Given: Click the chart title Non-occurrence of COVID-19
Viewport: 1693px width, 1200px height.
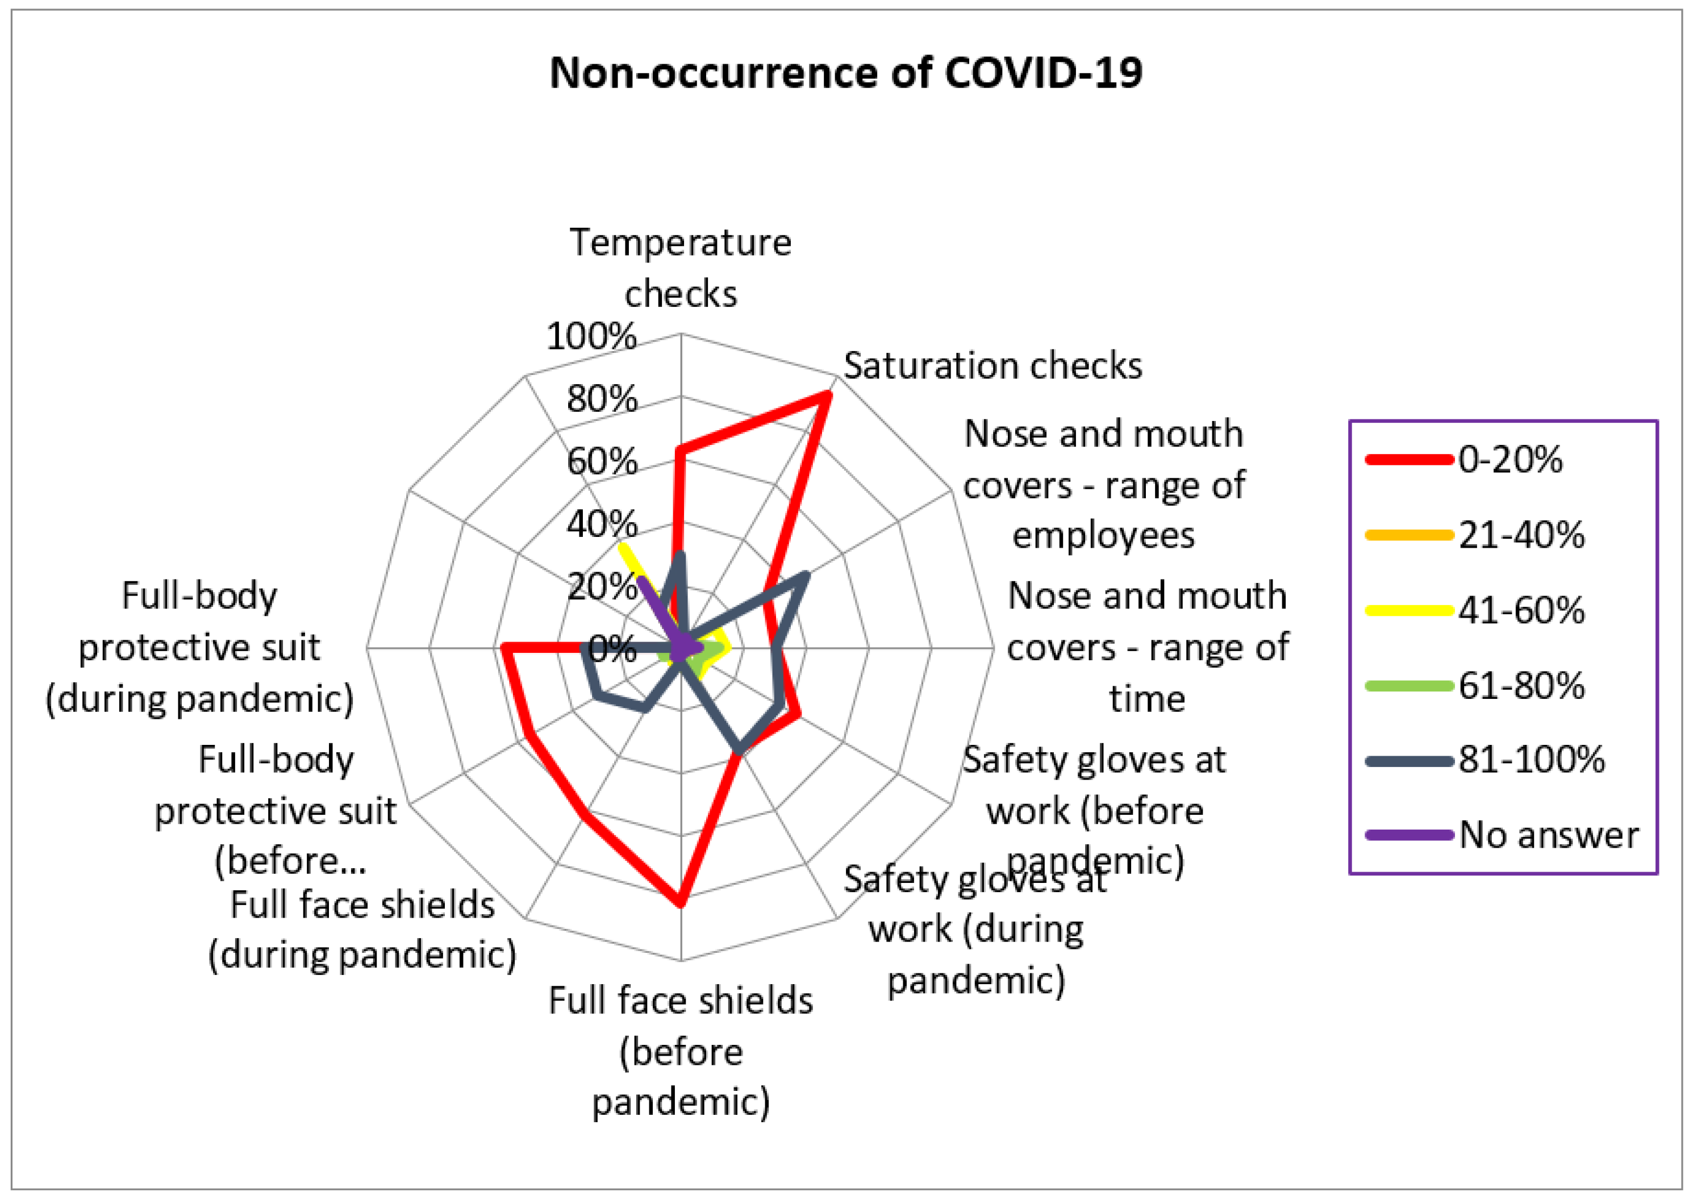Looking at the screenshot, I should pyautogui.click(x=846, y=73).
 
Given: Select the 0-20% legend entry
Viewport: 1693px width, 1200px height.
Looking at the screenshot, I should pyautogui.click(x=1510, y=460).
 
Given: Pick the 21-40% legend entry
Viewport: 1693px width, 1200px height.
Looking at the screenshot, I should pyautogui.click(x=1521, y=535).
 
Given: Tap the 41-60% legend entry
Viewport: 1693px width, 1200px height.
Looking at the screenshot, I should pyautogui.click(x=1521, y=610).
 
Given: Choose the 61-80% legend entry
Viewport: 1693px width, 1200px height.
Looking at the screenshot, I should pyautogui.click(x=1521, y=686).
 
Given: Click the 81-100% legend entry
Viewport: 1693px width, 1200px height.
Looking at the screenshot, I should pyautogui.click(x=1531, y=760).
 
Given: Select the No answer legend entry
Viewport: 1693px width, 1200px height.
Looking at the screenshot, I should pyautogui.click(x=1548, y=835).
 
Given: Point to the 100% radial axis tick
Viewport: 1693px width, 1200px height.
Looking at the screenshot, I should pyautogui.click(x=591, y=337).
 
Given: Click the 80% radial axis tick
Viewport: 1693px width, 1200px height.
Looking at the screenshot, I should pyautogui.click(x=601, y=400).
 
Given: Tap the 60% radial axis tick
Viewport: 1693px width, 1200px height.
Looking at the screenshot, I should pyautogui.click(x=601, y=463).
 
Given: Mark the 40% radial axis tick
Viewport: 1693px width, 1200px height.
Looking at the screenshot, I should pyautogui.click(x=601, y=524).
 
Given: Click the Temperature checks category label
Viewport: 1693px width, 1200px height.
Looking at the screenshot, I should pyautogui.click(x=680, y=268).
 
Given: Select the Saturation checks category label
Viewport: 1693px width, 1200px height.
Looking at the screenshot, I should pyautogui.click(x=992, y=366).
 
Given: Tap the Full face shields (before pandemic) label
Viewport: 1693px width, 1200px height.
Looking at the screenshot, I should pyautogui.click(x=680, y=1051).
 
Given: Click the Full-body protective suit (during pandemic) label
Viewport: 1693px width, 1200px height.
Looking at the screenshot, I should pyautogui.click(x=199, y=647).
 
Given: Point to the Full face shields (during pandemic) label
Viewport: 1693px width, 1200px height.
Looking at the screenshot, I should pyautogui.click(x=362, y=930).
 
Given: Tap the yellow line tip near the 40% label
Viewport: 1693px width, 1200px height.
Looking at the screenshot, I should pyautogui.click(x=623, y=546).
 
